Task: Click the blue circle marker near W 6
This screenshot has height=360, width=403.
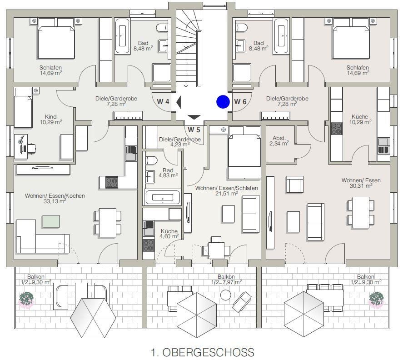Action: click(x=223, y=102)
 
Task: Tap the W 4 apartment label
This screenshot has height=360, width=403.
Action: click(x=163, y=101)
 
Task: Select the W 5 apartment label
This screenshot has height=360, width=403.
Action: click(x=194, y=130)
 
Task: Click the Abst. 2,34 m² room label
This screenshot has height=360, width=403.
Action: click(x=279, y=140)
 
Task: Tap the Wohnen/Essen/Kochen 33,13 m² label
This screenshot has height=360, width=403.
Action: click(x=55, y=199)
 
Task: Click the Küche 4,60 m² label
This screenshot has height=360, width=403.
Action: click(x=169, y=234)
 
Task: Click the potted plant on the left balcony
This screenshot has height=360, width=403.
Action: click(x=26, y=299)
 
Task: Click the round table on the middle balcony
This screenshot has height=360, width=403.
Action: click(x=226, y=295)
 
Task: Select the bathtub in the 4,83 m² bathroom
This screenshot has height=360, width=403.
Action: click(x=162, y=198)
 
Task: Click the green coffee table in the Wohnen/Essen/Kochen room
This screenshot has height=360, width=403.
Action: click(x=51, y=221)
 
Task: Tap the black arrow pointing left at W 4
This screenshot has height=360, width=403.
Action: click(x=179, y=102)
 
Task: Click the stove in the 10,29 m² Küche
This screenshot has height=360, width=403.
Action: click(x=337, y=129)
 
